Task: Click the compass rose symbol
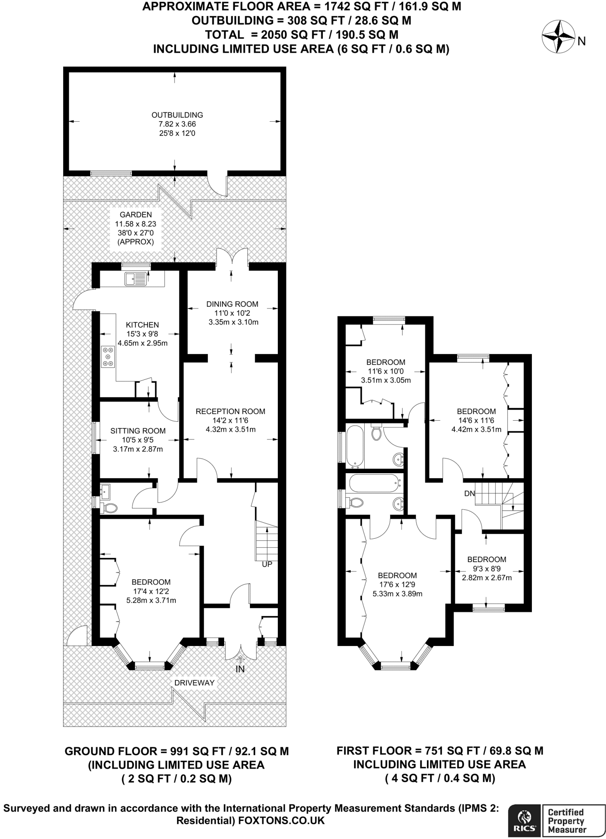tap(558, 37)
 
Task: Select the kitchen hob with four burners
tap(108, 356)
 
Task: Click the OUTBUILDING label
tap(177, 115)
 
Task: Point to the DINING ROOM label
tap(232, 304)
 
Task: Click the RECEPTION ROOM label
tap(230, 411)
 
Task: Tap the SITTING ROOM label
tap(138, 431)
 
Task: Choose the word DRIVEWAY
tap(194, 683)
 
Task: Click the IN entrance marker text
tap(240, 669)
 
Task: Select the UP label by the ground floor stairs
tap(267, 564)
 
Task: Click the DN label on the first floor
tap(470, 494)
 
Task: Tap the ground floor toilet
tap(110, 508)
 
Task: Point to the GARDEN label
tap(136, 215)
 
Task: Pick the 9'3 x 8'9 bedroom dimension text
tap(487, 569)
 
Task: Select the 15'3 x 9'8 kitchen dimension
tap(143, 334)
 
